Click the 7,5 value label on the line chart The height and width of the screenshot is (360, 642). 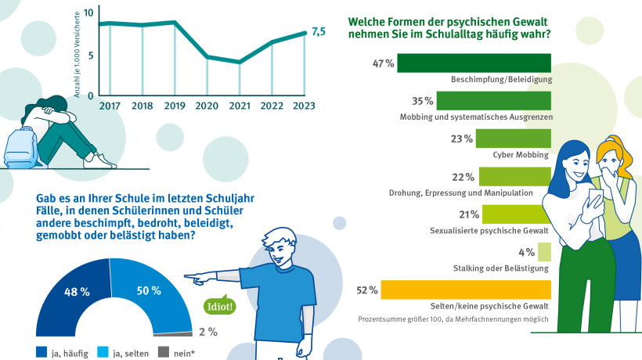319,31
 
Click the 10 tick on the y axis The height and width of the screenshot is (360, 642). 88,13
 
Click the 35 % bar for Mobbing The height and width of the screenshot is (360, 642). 494,100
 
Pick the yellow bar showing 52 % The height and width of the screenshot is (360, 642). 466,290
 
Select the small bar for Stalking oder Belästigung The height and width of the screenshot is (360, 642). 545,252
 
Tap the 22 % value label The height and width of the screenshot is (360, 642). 463,177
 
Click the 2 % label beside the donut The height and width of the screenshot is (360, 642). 207,331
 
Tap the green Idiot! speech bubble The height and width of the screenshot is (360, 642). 219,306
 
